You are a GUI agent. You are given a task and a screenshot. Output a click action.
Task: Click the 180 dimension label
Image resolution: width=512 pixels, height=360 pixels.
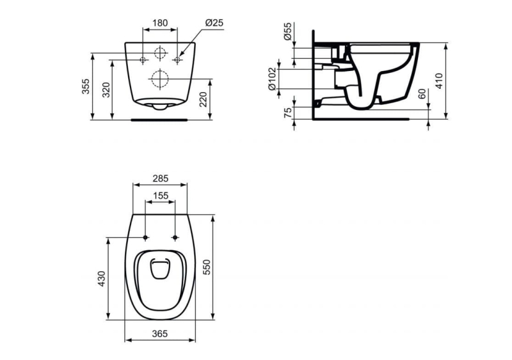[159, 22]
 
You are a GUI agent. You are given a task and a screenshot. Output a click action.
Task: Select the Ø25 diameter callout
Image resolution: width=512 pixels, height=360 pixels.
[214, 22]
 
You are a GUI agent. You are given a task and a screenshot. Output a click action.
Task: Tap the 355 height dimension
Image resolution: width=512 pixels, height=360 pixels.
[86, 86]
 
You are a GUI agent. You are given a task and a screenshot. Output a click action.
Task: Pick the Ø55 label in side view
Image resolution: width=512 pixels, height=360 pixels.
[287, 32]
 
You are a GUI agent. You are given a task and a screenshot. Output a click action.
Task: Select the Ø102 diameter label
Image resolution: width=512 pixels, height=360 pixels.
[273, 79]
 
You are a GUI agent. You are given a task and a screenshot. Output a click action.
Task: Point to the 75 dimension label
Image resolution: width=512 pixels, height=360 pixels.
[287, 113]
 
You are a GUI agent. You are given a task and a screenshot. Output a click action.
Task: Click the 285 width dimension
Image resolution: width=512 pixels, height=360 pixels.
[160, 180]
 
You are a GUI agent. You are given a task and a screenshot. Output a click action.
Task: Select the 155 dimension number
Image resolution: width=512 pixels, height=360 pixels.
[160, 196]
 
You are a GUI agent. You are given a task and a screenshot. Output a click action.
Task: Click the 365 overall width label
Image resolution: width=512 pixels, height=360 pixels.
[160, 333]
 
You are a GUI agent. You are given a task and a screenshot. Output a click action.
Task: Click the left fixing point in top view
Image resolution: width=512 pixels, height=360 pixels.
[146, 238]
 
